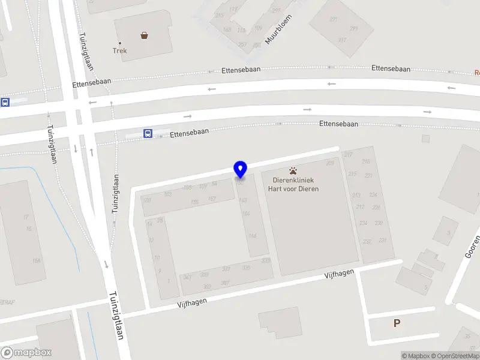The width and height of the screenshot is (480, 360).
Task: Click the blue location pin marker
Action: pyautogui.click(x=240, y=170)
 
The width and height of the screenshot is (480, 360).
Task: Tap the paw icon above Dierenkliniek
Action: pyautogui.click(x=293, y=171)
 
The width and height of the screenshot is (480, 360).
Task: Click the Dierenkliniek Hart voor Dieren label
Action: pyautogui.click(x=293, y=184)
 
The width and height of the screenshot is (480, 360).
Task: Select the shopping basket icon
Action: pyautogui.click(x=145, y=35)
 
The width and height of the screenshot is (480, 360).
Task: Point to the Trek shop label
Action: pyautogui.click(x=119, y=50)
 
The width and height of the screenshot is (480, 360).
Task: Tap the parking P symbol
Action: pyautogui.click(x=397, y=323)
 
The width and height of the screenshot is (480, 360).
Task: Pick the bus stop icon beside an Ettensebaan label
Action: pyautogui.click(x=148, y=133)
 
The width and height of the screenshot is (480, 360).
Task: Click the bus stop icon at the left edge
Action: pyautogui.click(x=5, y=103)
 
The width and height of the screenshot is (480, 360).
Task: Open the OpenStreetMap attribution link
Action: pyautogui.click(x=454, y=356)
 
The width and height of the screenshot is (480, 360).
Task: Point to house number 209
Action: pyautogui.click(x=330, y=163)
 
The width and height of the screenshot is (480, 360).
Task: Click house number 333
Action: pyautogui.click(x=265, y=260)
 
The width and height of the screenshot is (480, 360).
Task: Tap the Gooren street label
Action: pyautogui.click(x=473, y=247)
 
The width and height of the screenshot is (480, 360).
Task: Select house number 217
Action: pyautogui.click(x=348, y=155)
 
